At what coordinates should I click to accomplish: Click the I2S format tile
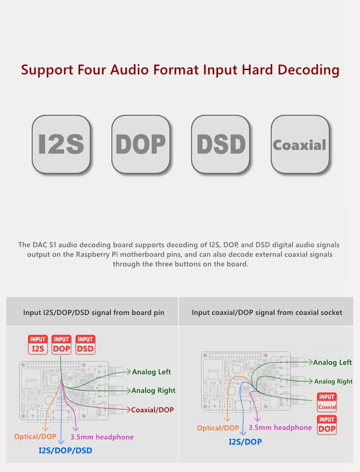[x=61, y=144]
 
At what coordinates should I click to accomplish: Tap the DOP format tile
[x=141, y=144]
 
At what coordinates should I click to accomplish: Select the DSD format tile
[x=221, y=144]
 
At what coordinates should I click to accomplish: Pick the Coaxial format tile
[x=300, y=144]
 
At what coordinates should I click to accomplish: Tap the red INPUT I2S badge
[x=38, y=345]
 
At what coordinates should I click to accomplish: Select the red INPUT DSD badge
[x=85, y=345]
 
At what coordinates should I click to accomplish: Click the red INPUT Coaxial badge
[x=327, y=402]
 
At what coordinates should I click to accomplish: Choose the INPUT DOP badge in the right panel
[x=327, y=425]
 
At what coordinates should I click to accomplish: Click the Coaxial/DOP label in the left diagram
[x=152, y=410]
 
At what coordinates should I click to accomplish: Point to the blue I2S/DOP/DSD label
[x=65, y=450]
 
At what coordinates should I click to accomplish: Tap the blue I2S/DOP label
[x=245, y=442]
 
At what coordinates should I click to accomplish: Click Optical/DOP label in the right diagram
[x=218, y=428]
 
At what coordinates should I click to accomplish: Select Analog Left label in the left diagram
[x=151, y=372]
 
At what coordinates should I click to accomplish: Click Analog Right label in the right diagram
[x=333, y=381]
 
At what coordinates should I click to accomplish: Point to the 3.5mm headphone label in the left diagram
[x=102, y=437]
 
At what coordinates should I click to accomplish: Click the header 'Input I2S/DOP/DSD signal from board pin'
[x=94, y=313]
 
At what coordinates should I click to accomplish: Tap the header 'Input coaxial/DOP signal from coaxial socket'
[x=267, y=313]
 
